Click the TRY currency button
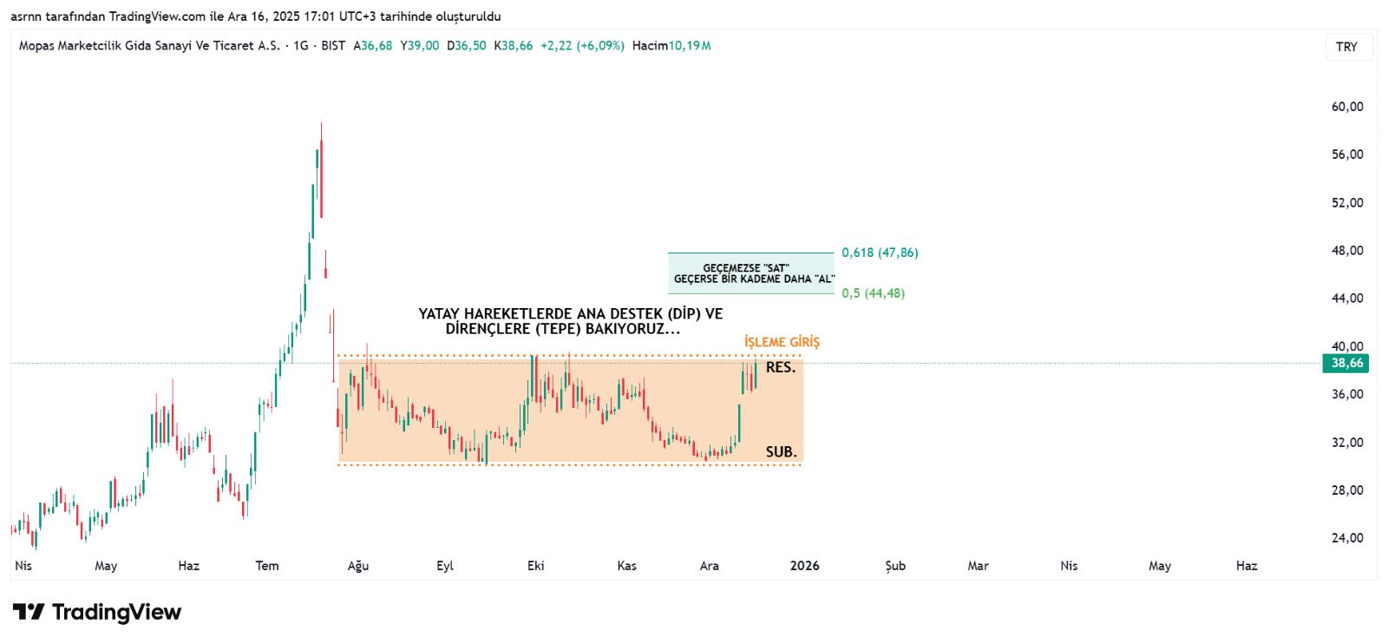[x=1346, y=47]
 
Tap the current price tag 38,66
[x=1345, y=364]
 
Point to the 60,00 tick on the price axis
[x=1346, y=107]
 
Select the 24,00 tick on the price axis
[x=1346, y=538]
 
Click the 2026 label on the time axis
[x=804, y=566]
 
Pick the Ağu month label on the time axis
[x=358, y=566]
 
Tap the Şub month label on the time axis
[x=895, y=566]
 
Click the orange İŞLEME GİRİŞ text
[x=782, y=342]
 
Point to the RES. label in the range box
[x=780, y=367]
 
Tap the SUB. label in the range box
[x=781, y=451]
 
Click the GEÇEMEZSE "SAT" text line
[x=746, y=268]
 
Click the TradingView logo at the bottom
[x=97, y=612]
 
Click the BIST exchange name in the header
[x=333, y=46]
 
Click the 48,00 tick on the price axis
[x=1346, y=251]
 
